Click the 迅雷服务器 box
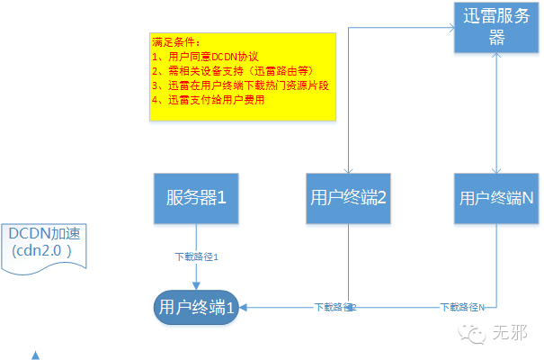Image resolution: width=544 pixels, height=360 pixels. pyautogui.click(x=495, y=27)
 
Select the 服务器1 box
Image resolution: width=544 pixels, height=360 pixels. pyautogui.click(x=196, y=197)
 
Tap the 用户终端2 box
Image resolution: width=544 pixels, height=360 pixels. pyautogui.click(x=347, y=197)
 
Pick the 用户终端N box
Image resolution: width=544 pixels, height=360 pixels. pyautogui.click(x=496, y=197)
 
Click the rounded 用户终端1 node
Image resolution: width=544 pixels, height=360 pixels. pyautogui.click(x=197, y=306)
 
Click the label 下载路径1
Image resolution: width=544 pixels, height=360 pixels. pyautogui.click(x=196, y=256)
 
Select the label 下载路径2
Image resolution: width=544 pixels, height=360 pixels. pyautogui.click(x=334, y=307)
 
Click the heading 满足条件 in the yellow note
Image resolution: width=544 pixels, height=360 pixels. pyautogui.click(x=173, y=42)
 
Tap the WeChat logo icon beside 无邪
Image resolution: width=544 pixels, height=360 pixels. pyautogui.click(x=472, y=334)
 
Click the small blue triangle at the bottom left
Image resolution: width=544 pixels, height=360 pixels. pyautogui.click(x=35, y=355)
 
